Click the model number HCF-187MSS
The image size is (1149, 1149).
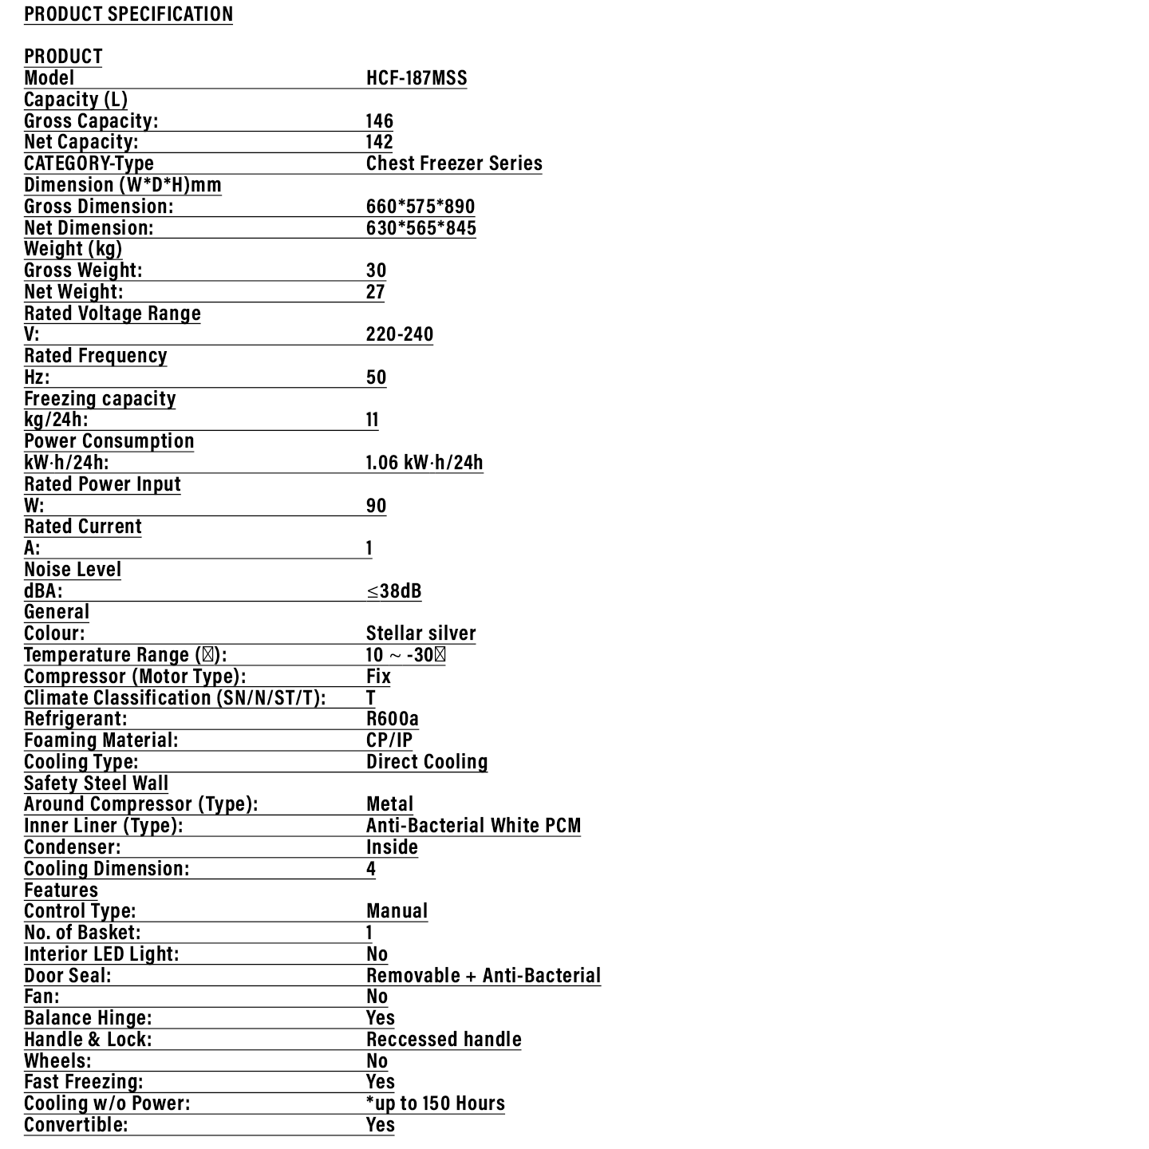(x=417, y=78)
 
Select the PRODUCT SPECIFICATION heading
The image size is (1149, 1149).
(x=128, y=14)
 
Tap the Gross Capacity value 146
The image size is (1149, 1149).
(x=380, y=121)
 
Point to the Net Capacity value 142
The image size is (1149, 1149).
(x=380, y=142)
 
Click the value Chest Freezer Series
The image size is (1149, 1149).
(x=454, y=164)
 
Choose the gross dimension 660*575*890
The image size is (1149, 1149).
(x=421, y=207)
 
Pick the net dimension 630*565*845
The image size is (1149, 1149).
(x=421, y=228)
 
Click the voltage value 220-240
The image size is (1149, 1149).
(x=400, y=334)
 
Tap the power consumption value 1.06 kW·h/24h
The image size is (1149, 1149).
(x=424, y=463)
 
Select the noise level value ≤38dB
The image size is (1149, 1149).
(x=394, y=591)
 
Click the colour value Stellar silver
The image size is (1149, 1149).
(x=421, y=634)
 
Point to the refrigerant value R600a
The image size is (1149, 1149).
(x=393, y=719)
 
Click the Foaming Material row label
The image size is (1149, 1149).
(x=101, y=740)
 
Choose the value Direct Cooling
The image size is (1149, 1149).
(x=427, y=762)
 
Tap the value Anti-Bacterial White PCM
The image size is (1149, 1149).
(x=474, y=826)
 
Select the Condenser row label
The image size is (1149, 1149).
(x=73, y=847)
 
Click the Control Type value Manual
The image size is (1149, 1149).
(x=397, y=911)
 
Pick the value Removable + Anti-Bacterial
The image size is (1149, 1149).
(x=484, y=976)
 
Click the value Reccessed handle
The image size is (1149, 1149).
(x=444, y=1040)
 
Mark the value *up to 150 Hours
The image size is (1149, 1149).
(x=436, y=1104)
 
